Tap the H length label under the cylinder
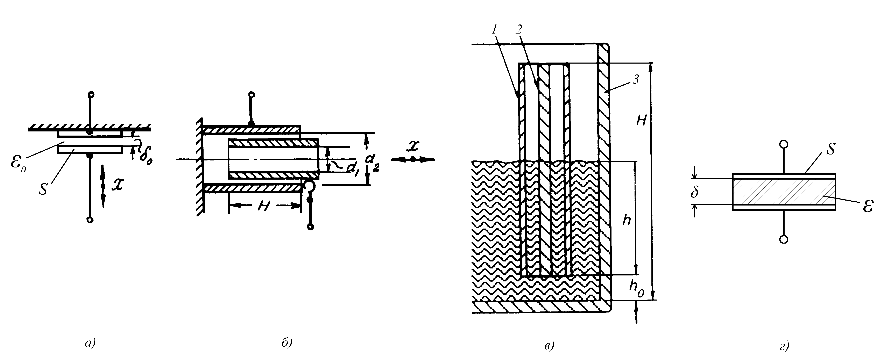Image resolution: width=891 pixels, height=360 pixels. pos(265,207)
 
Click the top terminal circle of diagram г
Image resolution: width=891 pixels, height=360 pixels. pos(784,144)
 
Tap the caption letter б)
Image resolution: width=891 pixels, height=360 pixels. pos(287,343)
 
